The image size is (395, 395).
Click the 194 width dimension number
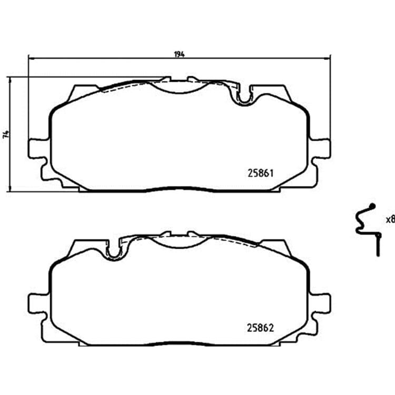point(180,54)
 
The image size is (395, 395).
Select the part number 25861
point(261,173)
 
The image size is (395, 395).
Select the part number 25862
point(260,328)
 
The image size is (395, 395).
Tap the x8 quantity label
point(390,220)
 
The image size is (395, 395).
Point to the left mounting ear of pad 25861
point(38,149)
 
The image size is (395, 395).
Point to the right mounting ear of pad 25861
point(320,149)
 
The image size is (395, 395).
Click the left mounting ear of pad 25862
point(38,303)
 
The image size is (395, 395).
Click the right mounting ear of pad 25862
point(320,303)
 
